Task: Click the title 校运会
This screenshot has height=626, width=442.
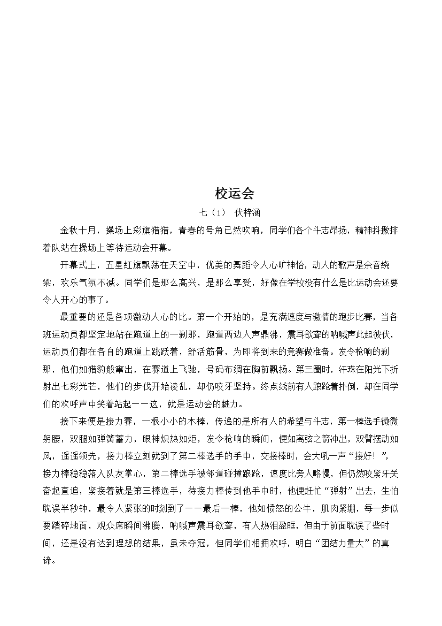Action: point(235,193)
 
